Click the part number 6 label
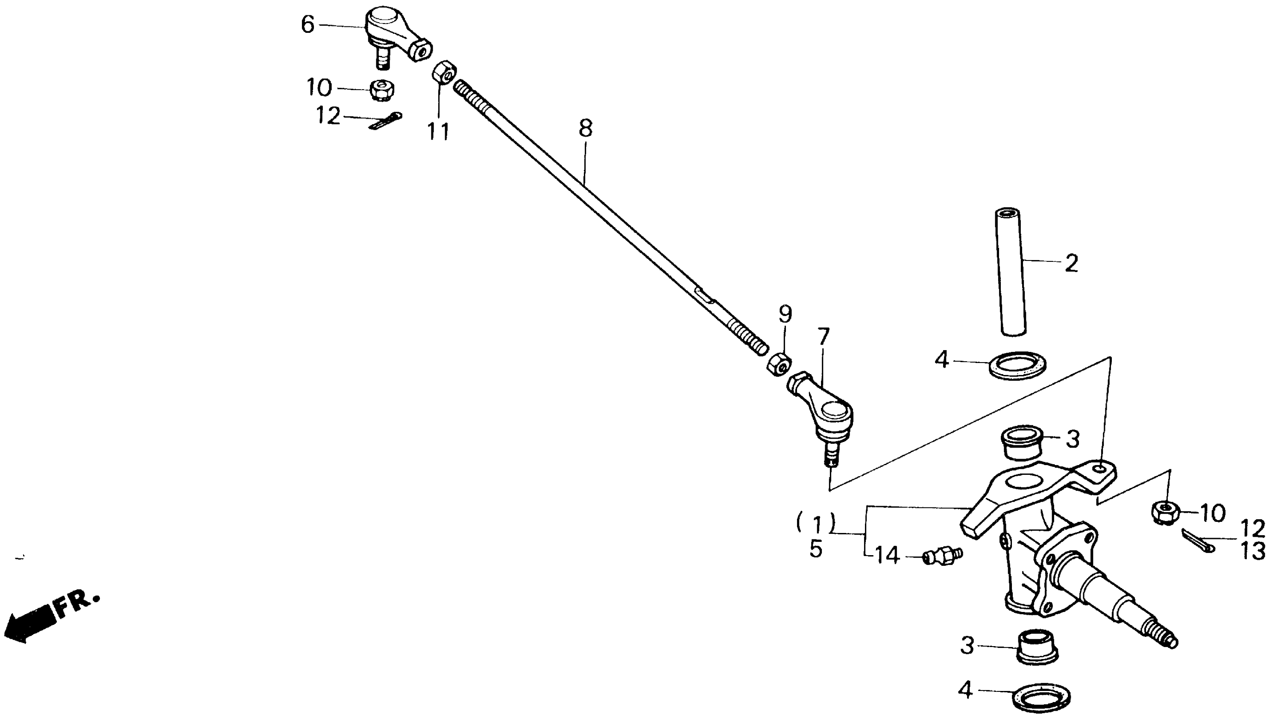click(308, 24)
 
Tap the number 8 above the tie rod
click(586, 129)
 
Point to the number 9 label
click(785, 314)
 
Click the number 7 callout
click(823, 337)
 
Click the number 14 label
click(887, 556)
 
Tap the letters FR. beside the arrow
click(78, 603)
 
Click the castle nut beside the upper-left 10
click(382, 90)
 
